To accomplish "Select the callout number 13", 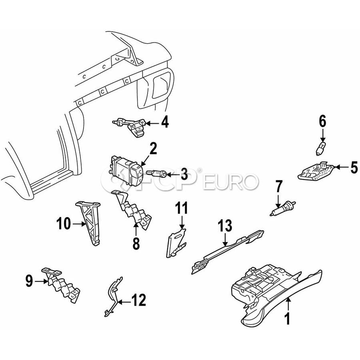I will [225, 226].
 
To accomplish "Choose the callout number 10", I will [63, 223].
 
